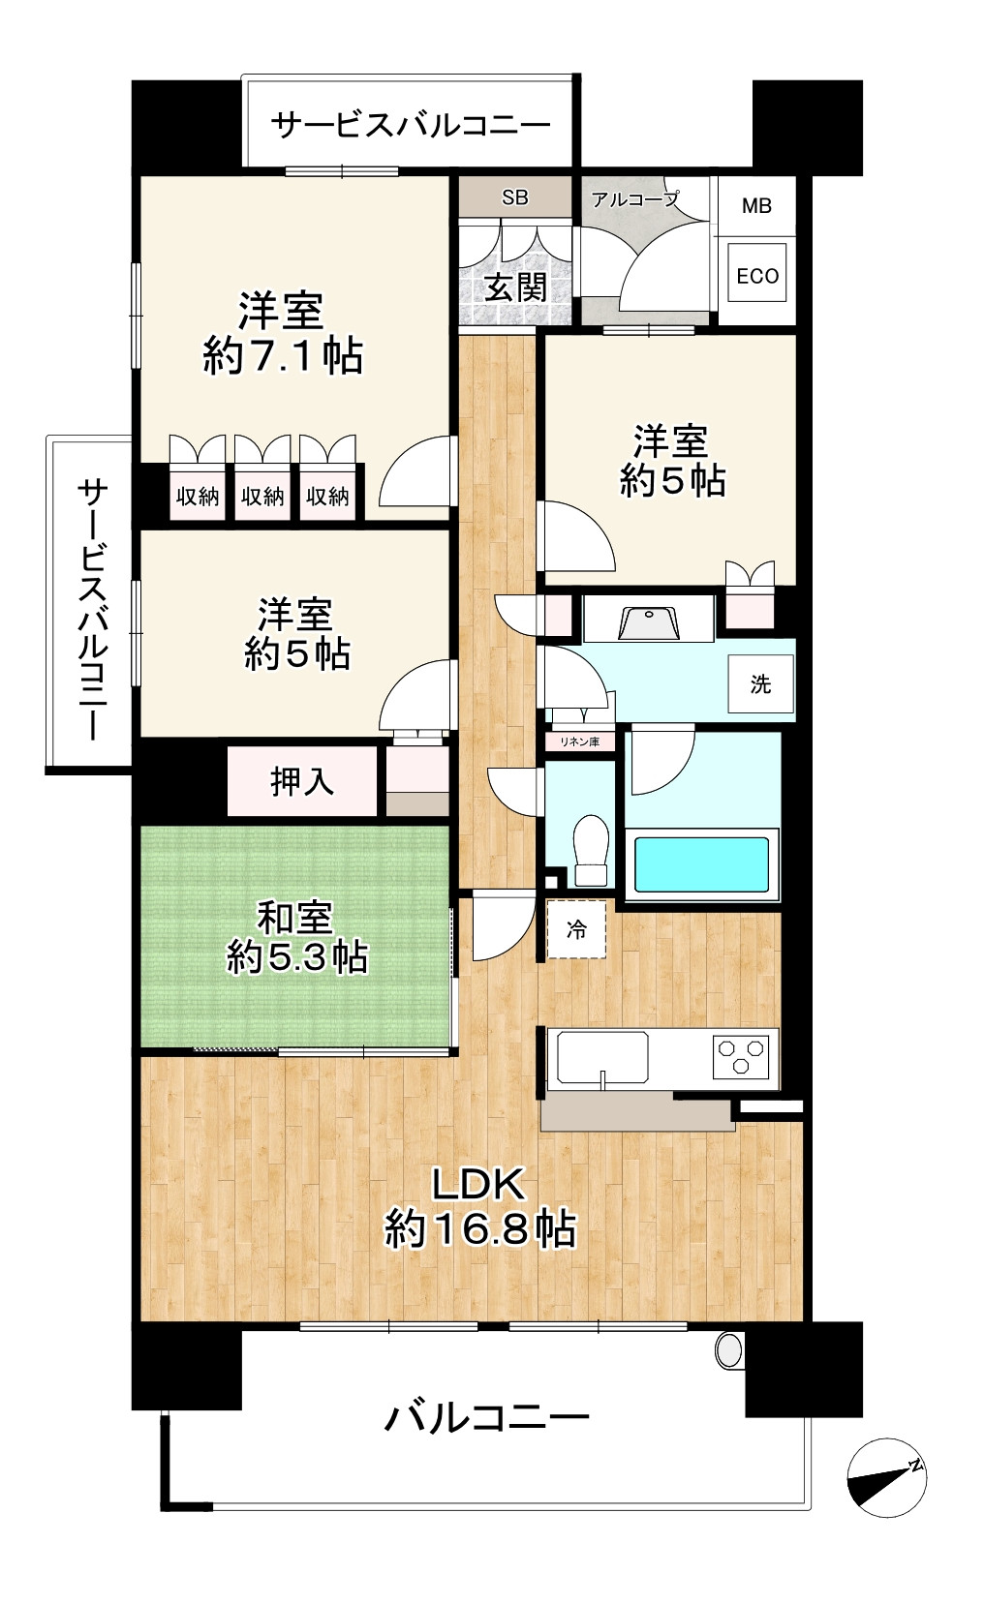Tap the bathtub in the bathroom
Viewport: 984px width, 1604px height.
[x=701, y=863]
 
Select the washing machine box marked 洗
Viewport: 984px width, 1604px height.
[x=760, y=683]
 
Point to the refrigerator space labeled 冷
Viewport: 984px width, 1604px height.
[x=576, y=929]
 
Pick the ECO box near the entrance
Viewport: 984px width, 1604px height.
[x=757, y=276]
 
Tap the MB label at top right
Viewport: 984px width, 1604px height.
[x=756, y=206]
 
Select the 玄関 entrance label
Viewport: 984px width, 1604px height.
[x=516, y=288]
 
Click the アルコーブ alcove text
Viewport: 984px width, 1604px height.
[x=635, y=199]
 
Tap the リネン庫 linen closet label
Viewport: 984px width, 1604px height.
[x=580, y=741]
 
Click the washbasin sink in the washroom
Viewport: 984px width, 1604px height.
[x=649, y=621]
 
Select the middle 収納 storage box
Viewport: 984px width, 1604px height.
[x=262, y=496]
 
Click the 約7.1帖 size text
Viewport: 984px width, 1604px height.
[x=283, y=355]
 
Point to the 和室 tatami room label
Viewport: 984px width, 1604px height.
[x=295, y=918]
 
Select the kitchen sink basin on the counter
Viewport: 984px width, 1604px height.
[x=602, y=1056]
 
